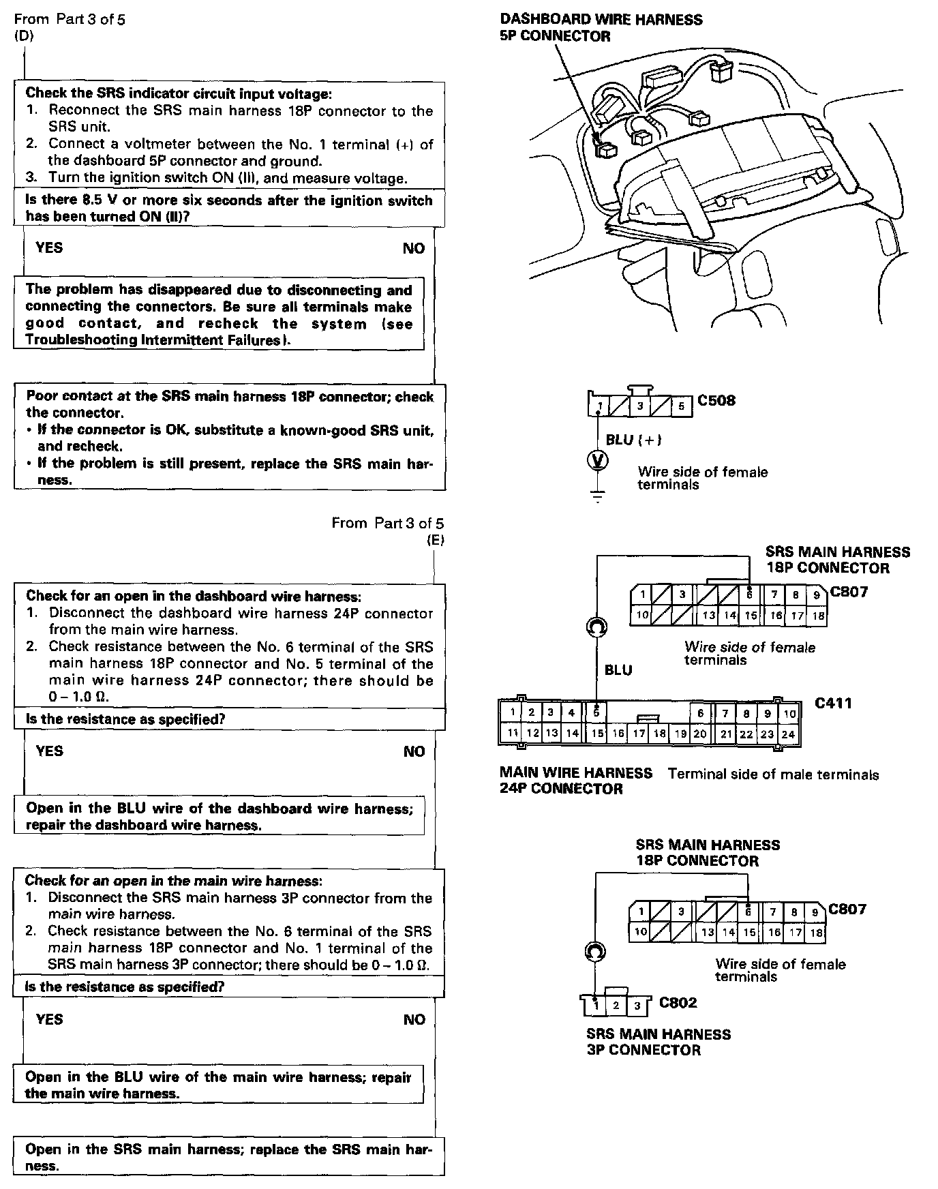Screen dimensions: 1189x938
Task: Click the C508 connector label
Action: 716,400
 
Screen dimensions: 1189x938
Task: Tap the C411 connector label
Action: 834,703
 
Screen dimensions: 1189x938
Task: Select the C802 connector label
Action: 678,1003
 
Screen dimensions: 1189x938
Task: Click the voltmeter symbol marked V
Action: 597,462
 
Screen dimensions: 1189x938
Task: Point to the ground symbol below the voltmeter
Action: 598,496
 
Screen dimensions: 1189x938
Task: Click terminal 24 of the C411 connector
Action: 788,734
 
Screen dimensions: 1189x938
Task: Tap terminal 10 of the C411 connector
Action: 789,714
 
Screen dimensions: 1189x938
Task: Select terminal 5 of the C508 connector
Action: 680,407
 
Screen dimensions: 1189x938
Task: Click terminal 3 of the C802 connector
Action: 637,1006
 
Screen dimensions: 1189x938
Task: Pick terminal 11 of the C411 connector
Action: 513,734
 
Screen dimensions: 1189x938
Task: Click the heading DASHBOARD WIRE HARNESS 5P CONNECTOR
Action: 601,28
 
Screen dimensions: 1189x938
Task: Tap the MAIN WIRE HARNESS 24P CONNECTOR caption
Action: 575,781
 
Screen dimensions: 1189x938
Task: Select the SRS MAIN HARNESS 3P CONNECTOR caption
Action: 658,1042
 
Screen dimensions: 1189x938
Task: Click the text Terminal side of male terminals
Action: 773,774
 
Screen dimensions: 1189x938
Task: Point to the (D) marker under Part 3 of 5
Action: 24,36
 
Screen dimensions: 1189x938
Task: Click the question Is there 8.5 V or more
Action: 229,209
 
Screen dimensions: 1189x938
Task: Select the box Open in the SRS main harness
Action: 229,1157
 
